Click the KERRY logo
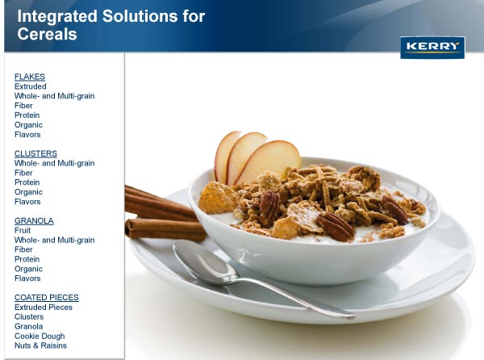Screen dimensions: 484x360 click(x=432, y=48)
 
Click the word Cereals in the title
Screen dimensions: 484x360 click(x=48, y=34)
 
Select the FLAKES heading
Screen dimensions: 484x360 click(x=30, y=77)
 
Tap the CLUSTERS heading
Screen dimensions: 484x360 click(x=35, y=153)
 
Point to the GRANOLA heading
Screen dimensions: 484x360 click(x=34, y=220)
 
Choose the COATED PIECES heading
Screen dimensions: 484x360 click(x=47, y=297)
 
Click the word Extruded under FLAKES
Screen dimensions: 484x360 click(x=31, y=86)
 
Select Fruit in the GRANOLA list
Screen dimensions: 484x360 click(x=23, y=230)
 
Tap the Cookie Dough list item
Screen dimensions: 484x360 click(x=40, y=336)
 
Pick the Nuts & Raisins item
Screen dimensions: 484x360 click(x=40, y=345)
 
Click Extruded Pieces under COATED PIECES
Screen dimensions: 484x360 click(x=44, y=308)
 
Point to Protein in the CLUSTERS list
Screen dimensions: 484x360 click(x=27, y=182)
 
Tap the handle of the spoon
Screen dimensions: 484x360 click(x=296, y=298)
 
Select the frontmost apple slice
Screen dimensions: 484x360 click(x=269, y=161)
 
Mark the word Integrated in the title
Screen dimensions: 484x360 click(x=57, y=16)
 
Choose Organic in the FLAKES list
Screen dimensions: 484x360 click(x=28, y=125)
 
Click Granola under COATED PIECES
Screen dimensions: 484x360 click(x=29, y=326)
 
